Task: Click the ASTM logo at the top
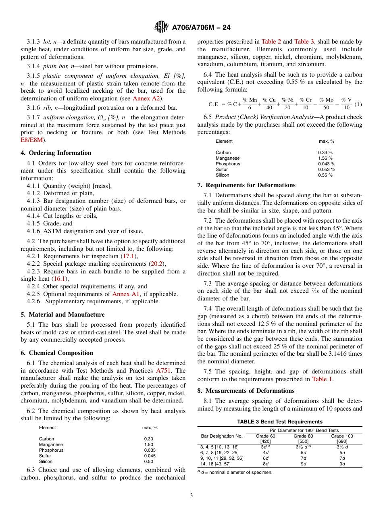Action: [161, 27]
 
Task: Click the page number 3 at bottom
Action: [191, 495]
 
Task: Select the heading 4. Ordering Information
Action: [56, 153]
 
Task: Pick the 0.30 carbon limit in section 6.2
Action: [148, 439]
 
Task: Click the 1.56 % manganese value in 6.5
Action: [325, 158]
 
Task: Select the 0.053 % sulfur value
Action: [326, 170]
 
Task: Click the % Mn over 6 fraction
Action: [250, 104]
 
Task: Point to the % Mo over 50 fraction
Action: [326, 104]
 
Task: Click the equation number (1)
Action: [358, 104]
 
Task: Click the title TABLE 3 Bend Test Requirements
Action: [279, 421]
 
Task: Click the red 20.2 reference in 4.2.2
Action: [156, 264]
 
